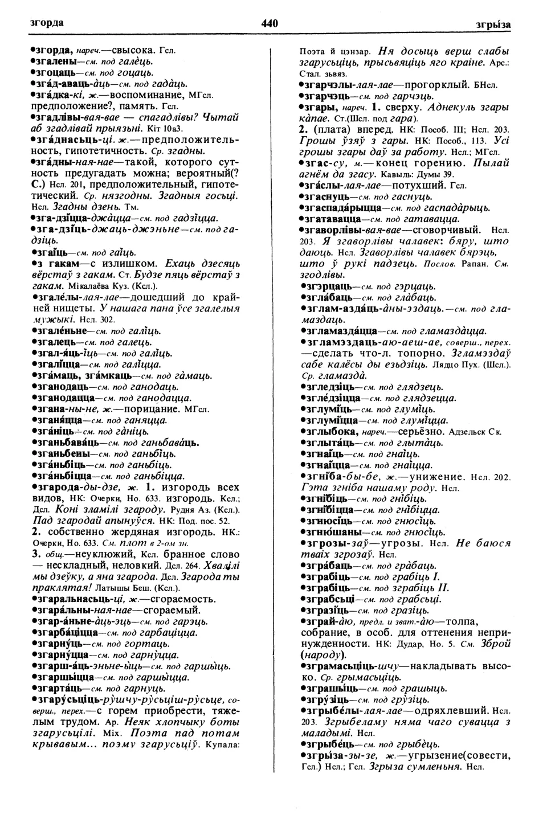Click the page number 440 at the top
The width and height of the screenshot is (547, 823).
(270, 23)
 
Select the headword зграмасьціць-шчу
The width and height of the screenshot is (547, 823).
(350, 666)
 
